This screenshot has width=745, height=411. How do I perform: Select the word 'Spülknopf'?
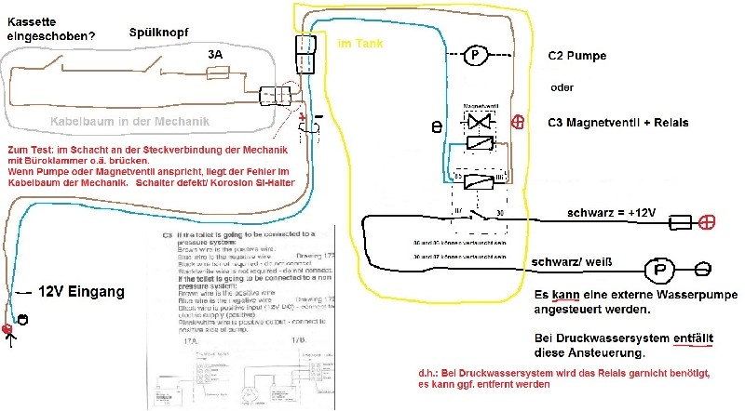point(158,32)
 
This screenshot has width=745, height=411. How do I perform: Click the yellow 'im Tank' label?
point(358,44)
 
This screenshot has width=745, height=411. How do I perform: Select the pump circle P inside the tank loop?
point(475,55)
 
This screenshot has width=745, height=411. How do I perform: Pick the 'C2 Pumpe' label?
point(577,56)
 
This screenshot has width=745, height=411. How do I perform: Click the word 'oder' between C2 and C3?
point(562,88)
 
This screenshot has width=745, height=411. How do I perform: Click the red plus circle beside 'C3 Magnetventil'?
point(518,121)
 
